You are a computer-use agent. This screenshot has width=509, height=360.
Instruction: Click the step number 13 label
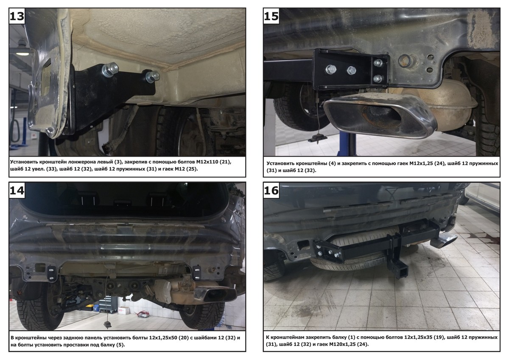pyautogui.click(x=17, y=17)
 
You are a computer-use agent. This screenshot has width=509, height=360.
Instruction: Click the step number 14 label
pyautogui.click(x=17, y=191)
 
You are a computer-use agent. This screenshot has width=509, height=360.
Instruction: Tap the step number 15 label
pyautogui.click(x=271, y=17)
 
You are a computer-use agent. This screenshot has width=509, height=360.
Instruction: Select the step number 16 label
pyautogui.click(x=271, y=191)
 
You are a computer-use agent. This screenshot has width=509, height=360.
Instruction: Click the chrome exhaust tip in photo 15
pyautogui.click(x=380, y=116)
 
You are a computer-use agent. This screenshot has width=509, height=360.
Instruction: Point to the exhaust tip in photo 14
pyautogui.click(x=215, y=294)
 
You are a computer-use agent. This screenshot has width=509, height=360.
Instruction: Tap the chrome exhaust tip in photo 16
pyautogui.click(x=444, y=241)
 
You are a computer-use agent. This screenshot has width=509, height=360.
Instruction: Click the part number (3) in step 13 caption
pyautogui.click(x=118, y=162)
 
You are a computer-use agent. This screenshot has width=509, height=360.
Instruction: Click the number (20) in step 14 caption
pyautogui.click(x=183, y=338)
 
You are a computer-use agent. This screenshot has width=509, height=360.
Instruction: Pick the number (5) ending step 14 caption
pyautogui.click(x=120, y=345)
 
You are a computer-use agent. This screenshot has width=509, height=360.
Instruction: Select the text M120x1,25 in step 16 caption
pyautogui.click(x=342, y=344)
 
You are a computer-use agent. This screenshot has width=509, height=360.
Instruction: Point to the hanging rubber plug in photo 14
pyautogui.click(x=107, y=325)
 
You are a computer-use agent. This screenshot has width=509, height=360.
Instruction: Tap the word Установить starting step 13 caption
pyautogui.click(x=24, y=162)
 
